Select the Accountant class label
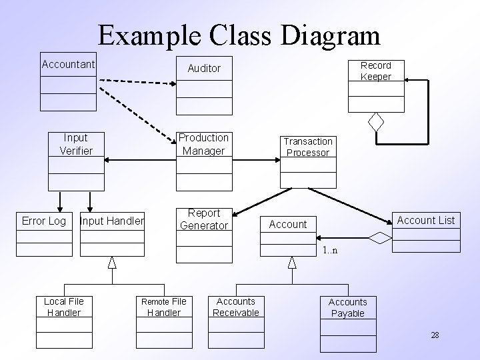[68, 65]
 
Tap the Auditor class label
[204, 68]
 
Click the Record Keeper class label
[376, 71]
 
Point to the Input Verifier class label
[76, 144]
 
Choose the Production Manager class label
[203, 144]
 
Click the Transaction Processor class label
[307, 147]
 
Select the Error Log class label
[44, 221]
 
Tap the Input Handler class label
[111, 221]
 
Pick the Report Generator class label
[204, 219]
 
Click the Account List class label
[425, 220]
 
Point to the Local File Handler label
[64, 307]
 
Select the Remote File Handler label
[163, 307]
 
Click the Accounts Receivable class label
[236, 307]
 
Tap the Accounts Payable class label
[347, 307]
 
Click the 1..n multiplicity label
[330, 251]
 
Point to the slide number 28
[435, 335]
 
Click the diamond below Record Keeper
[377, 122]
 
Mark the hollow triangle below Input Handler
[112, 262]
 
